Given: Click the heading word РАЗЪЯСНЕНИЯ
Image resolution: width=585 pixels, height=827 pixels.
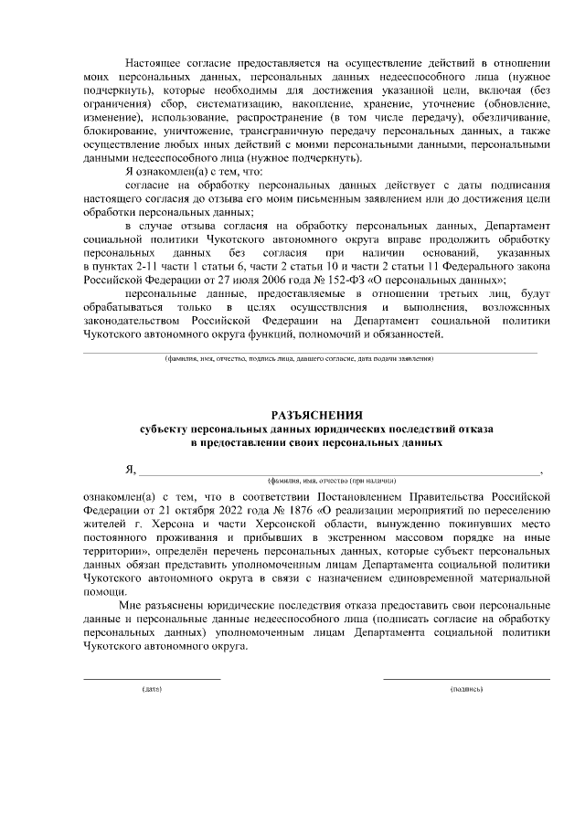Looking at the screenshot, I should pyautogui.click(x=317, y=414).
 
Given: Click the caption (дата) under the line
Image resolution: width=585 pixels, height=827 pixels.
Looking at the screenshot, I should pyautogui.click(x=152, y=688).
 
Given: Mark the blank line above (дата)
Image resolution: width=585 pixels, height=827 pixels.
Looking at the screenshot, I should pyautogui.click(x=152, y=678).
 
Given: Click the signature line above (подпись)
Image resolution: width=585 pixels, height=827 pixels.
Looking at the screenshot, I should pyautogui.click(x=466, y=678).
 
